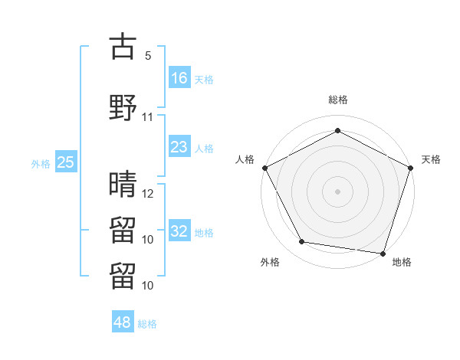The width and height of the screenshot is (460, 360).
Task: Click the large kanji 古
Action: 123,47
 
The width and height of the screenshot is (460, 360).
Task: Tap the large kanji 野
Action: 123,108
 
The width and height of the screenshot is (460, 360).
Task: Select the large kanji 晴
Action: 123,184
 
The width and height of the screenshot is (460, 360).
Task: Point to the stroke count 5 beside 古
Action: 147,56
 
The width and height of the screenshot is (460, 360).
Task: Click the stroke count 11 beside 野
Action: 148,117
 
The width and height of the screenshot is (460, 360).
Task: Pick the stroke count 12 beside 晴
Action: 148,193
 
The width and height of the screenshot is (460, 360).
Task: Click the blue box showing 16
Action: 179,78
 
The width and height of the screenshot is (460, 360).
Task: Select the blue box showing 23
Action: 179,147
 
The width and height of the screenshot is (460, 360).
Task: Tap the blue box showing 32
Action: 179,231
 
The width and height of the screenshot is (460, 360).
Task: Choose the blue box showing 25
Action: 66,162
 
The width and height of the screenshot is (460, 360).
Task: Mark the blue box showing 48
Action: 123,322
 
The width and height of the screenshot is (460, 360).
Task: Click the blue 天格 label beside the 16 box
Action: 204,79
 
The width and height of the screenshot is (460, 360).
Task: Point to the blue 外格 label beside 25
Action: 41,163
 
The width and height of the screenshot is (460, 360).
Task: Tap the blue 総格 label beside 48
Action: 147,323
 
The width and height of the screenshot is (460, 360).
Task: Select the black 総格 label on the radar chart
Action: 337,100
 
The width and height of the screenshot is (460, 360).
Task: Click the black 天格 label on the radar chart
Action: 431,159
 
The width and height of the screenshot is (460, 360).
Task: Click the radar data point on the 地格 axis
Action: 383,253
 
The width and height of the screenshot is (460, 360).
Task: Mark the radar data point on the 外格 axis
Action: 302,242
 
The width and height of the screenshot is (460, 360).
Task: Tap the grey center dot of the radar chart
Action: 337,191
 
